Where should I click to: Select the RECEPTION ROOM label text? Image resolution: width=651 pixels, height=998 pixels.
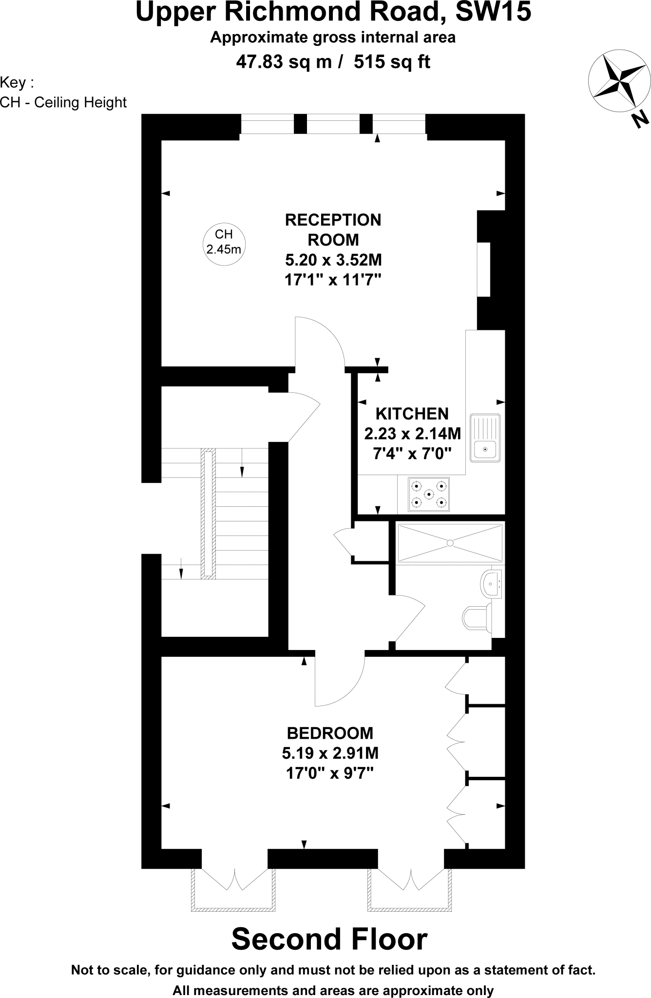[x=333, y=230]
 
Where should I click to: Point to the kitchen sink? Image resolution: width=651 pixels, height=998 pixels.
[x=485, y=437]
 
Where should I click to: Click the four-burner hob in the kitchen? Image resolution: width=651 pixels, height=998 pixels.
[x=429, y=494]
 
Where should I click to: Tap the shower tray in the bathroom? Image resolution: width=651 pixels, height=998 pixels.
[x=450, y=542]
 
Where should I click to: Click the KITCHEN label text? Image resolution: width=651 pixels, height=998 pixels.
[x=412, y=414]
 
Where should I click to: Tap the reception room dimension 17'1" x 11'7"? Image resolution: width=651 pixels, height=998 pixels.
[x=333, y=280]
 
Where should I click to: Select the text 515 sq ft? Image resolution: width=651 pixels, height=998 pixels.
[x=392, y=62]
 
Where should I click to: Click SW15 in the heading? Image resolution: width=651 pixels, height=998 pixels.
[x=493, y=12]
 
